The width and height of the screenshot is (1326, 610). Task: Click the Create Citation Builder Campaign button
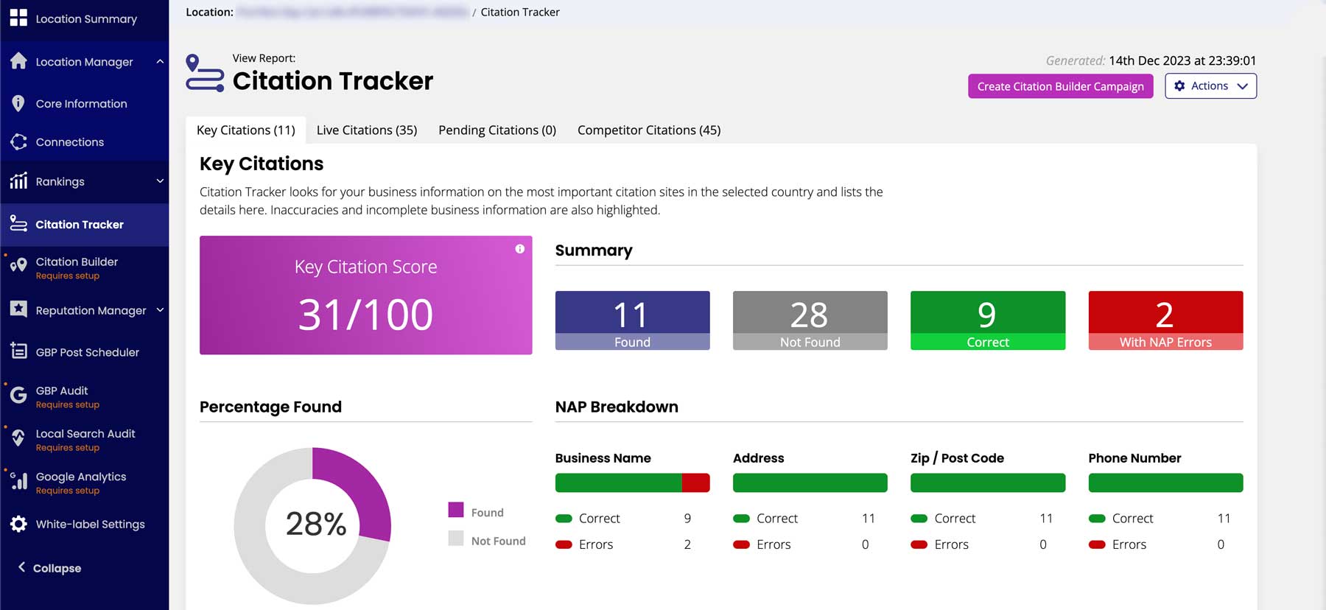(x=1060, y=86)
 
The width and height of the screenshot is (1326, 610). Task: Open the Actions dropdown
(x=1210, y=86)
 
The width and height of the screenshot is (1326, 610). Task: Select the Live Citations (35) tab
(x=367, y=130)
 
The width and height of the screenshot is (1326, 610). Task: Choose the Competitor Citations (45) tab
(x=648, y=130)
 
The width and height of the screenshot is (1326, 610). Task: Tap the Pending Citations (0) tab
(x=497, y=130)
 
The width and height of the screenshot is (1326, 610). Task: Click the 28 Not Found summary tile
(x=810, y=320)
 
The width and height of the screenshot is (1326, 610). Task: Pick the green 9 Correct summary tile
(x=987, y=320)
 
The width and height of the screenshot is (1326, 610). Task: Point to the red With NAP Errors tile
(x=1165, y=320)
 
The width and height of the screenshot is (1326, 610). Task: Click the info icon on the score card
(x=520, y=249)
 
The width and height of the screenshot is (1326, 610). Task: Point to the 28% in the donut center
(x=316, y=524)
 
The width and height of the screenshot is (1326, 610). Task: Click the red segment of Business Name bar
(x=695, y=483)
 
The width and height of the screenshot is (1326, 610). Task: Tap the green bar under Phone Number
(x=1165, y=483)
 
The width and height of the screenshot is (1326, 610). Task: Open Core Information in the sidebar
(x=81, y=104)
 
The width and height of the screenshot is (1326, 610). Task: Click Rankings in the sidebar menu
(x=60, y=181)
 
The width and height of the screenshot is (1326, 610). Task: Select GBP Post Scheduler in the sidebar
(x=87, y=352)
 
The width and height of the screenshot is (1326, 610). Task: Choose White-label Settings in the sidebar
(x=90, y=524)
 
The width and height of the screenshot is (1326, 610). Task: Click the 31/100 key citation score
(x=365, y=315)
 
